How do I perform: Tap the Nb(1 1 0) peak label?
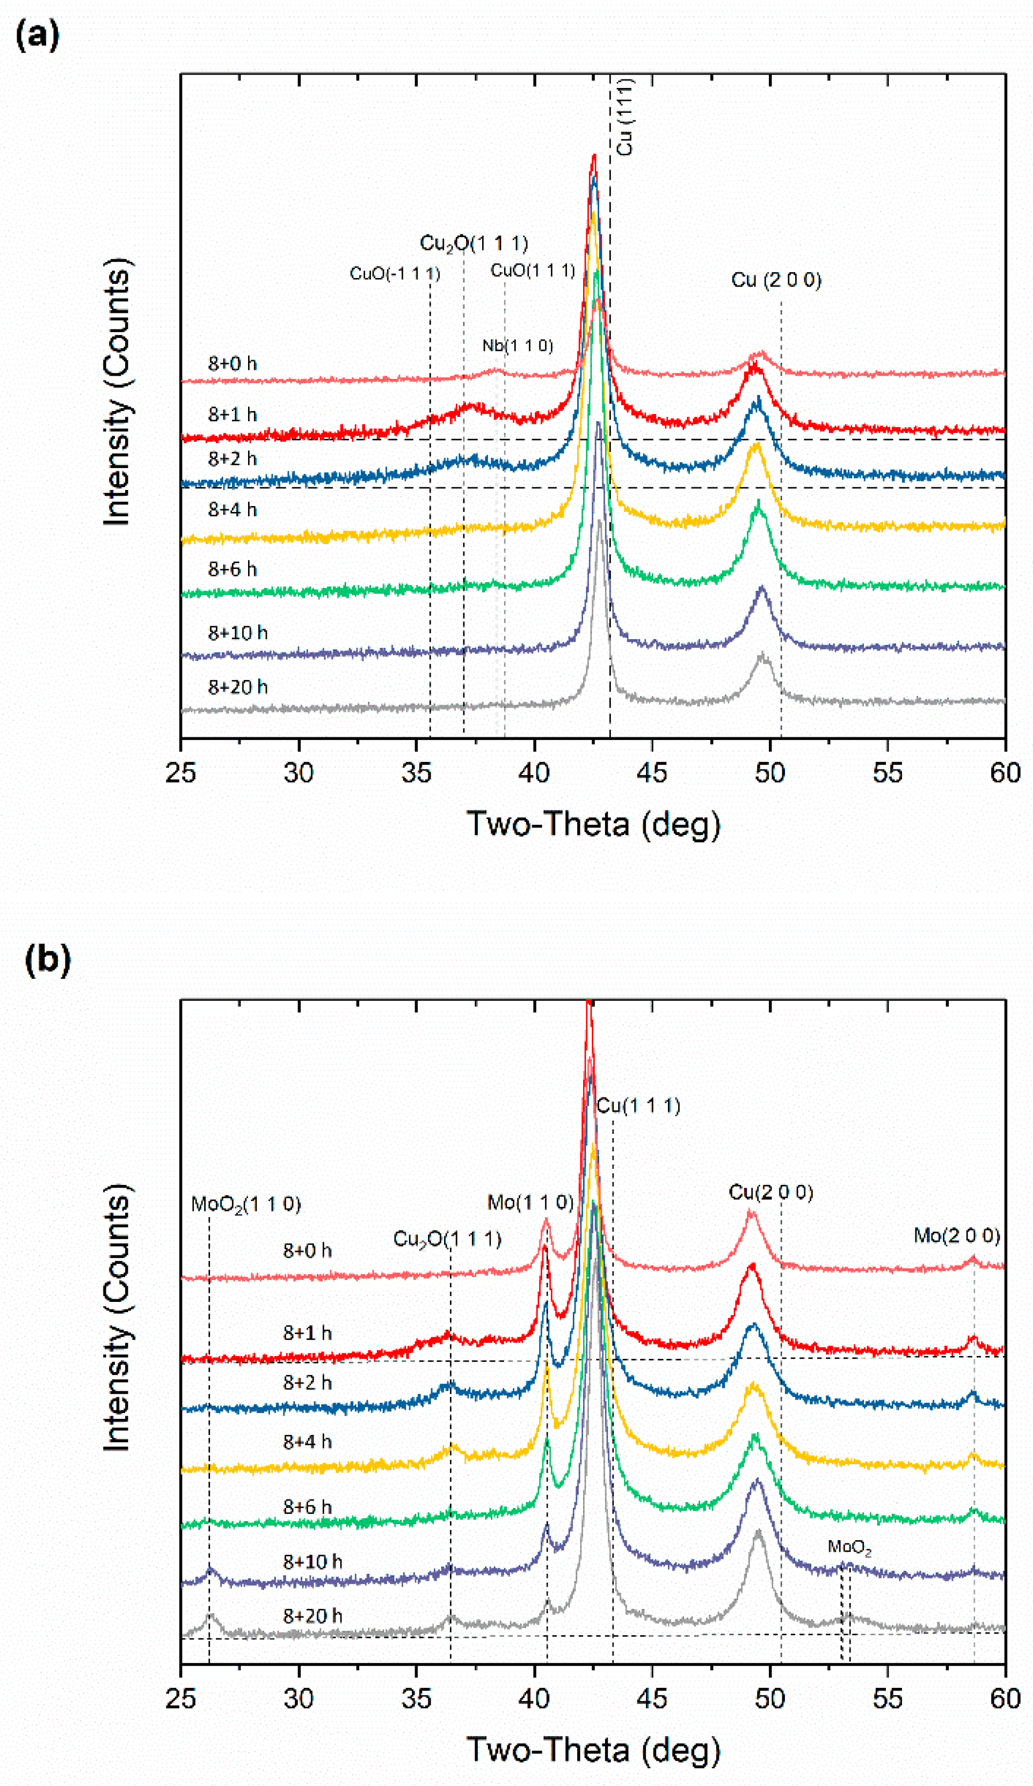click(518, 346)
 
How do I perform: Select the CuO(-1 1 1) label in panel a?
click(395, 273)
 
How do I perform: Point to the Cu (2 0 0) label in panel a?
click(776, 280)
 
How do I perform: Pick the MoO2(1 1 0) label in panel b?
click(246, 1204)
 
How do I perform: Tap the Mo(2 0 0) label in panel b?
click(956, 1236)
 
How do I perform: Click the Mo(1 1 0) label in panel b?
click(530, 1202)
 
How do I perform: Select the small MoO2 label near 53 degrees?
click(849, 1548)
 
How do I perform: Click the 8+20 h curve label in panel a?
click(237, 687)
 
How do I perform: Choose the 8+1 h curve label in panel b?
click(307, 1333)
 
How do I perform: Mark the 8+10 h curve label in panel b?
click(312, 1561)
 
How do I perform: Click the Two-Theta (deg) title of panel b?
click(593, 1749)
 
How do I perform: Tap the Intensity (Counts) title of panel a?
click(118, 392)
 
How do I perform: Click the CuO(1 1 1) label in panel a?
click(533, 270)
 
